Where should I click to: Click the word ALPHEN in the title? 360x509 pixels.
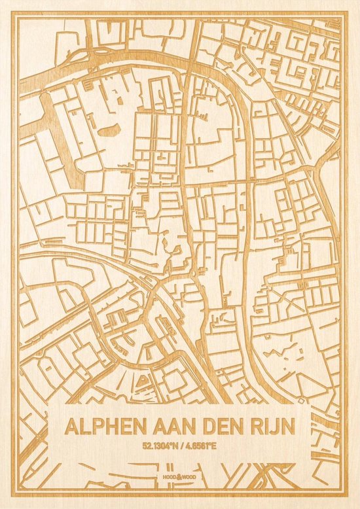104,426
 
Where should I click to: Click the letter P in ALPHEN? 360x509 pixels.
99,426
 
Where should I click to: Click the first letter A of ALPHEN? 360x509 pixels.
71,426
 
